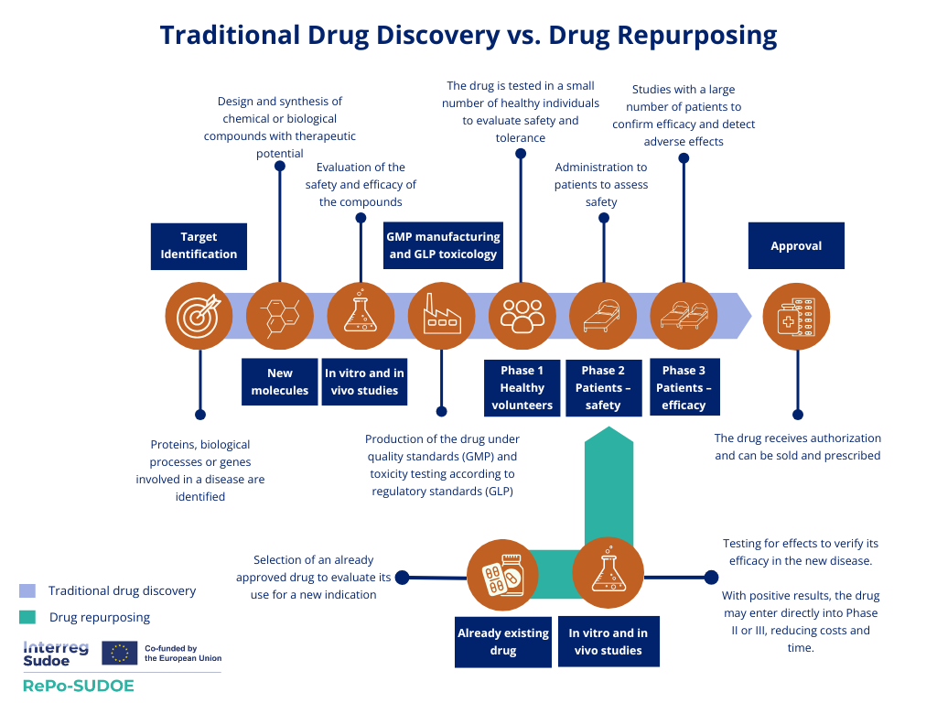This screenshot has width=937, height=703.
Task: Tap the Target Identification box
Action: [199, 246]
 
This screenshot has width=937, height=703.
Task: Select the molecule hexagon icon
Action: [280, 316]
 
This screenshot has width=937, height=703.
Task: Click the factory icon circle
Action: [441, 316]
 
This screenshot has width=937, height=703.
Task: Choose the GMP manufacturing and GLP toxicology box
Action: [443, 245]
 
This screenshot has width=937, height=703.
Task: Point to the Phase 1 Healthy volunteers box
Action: [522, 387]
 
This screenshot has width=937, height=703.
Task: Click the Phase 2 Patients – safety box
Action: [603, 387]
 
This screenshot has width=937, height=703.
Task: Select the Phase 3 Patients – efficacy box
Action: [684, 387]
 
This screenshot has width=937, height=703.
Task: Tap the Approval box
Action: [796, 246]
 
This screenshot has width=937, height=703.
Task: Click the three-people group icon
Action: [522, 316]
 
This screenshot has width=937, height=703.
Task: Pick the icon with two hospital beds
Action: [684, 316]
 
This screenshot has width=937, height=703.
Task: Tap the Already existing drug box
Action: [503, 642]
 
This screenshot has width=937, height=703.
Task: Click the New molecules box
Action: [280, 382]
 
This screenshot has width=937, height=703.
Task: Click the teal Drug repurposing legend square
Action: [27, 617]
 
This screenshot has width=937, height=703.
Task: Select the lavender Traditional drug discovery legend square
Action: [27, 590]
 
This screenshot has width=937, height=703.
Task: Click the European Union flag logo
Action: [120, 652]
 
